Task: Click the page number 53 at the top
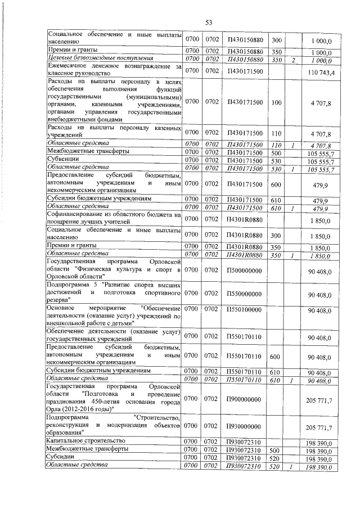tap(208, 22)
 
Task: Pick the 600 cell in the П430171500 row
tap(276, 184)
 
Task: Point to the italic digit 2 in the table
tap(293, 60)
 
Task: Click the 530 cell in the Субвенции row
tap(276, 160)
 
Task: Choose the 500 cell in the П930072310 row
tap(276, 451)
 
